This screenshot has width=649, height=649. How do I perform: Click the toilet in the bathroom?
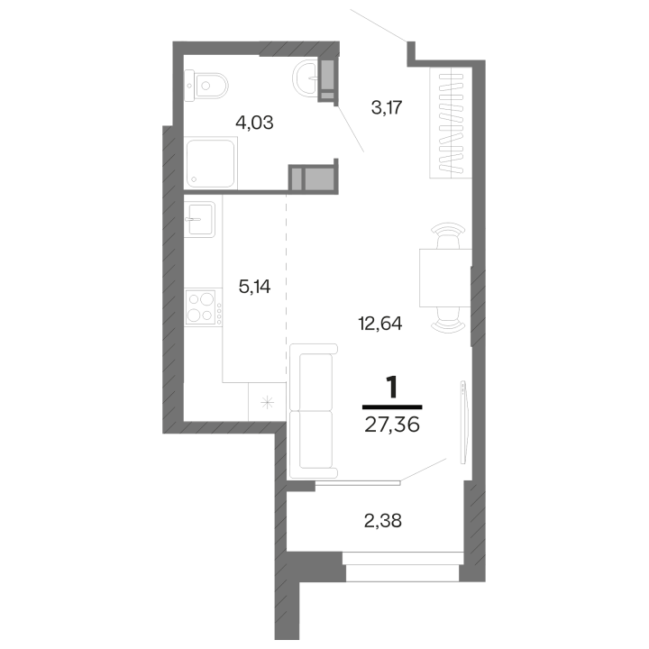(x=206, y=87)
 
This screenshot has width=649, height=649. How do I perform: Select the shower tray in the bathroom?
(x=211, y=163)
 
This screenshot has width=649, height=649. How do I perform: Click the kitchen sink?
(x=199, y=219)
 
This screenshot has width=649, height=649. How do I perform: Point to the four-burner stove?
(x=203, y=307)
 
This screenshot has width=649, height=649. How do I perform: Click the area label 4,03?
(x=254, y=123)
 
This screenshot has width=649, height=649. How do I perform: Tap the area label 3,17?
(x=387, y=107)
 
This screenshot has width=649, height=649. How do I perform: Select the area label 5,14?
(x=254, y=287)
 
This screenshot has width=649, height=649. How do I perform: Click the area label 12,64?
(x=380, y=324)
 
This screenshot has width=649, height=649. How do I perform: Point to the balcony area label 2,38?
(x=383, y=521)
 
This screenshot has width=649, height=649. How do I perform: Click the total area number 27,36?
(x=392, y=425)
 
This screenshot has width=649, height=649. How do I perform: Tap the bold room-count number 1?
(x=391, y=387)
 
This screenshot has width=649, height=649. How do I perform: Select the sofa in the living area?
(x=314, y=411)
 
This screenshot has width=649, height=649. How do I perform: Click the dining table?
(x=445, y=278)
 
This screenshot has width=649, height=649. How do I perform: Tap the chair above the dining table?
(x=448, y=235)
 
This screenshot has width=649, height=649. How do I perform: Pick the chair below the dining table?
(x=448, y=320)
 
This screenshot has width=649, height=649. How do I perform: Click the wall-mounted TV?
(x=463, y=422)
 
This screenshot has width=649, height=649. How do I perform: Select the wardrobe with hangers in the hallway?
(x=451, y=123)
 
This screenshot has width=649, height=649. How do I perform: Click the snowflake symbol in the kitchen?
(x=268, y=402)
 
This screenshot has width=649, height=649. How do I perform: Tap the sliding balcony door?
(x=358, y=482)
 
